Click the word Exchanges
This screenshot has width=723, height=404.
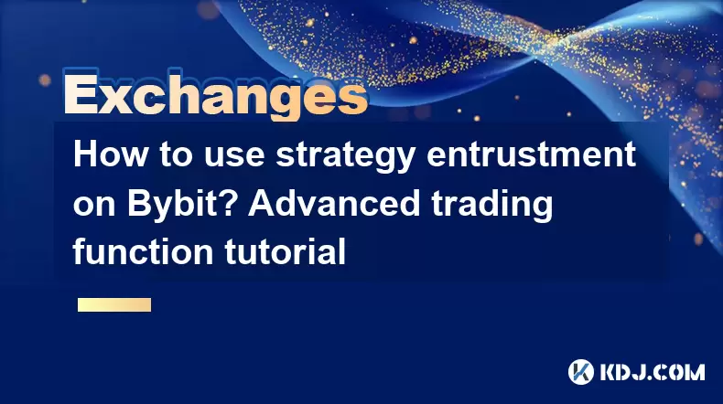216,95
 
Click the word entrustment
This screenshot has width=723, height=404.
531,154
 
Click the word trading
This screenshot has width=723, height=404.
492,207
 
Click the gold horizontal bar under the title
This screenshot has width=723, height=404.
114,304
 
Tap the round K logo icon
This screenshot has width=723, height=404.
580,372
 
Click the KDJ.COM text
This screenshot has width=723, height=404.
652,372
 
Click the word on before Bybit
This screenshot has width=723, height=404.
94,207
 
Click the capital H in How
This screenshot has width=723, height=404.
85,154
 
